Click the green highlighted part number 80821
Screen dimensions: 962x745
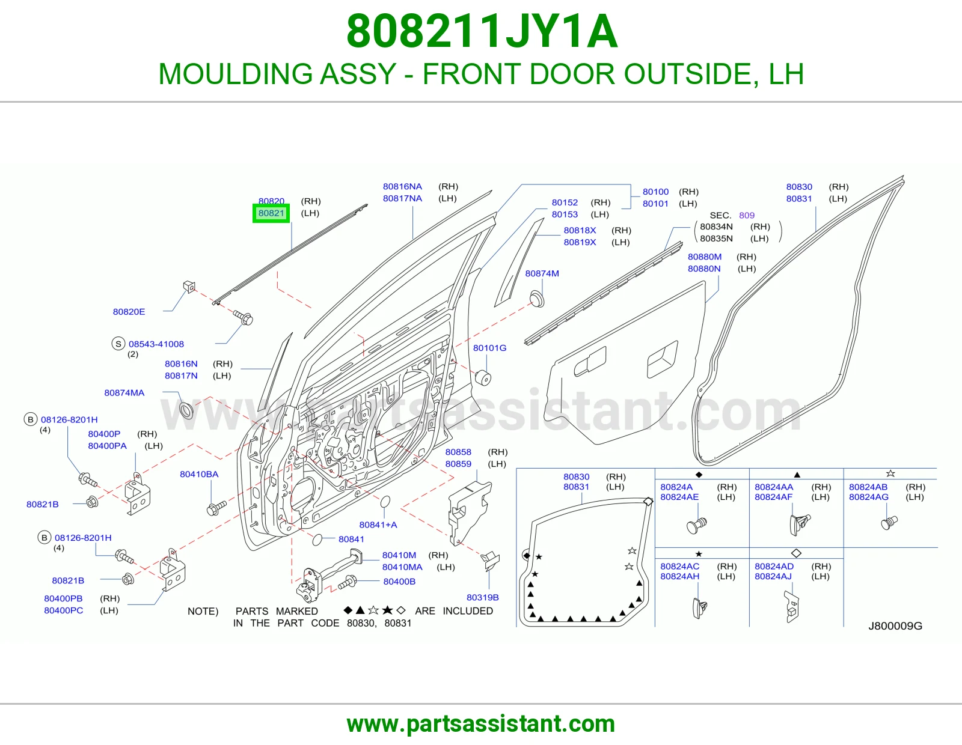pos(271,213)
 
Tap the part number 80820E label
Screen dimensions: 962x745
pos(129,311)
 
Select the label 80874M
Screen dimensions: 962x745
pos(542,273)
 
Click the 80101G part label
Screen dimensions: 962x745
pos(489,348)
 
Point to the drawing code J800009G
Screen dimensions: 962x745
pos(895,626)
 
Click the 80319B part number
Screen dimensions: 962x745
pos(483,597)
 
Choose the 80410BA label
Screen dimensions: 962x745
pos(199,474)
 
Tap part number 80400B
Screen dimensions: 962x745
pos(399,582)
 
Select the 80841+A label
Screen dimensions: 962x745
pos(378,525)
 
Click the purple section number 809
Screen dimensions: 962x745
pos(746,216)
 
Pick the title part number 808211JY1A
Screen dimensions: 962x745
pos(482,31)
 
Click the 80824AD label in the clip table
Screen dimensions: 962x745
pos(774,567)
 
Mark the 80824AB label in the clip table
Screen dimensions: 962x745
pos(868,487)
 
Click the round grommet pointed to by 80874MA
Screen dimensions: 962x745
pos(186,410)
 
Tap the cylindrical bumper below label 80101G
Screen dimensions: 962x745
pos(483,378)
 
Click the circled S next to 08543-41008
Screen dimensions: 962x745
pos(118,344)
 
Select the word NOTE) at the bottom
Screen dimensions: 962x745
pos(203,612)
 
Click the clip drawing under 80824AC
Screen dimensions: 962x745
pos(699,608)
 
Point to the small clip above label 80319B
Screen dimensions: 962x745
pos(490,560)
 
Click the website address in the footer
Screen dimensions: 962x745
pos(481,725)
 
